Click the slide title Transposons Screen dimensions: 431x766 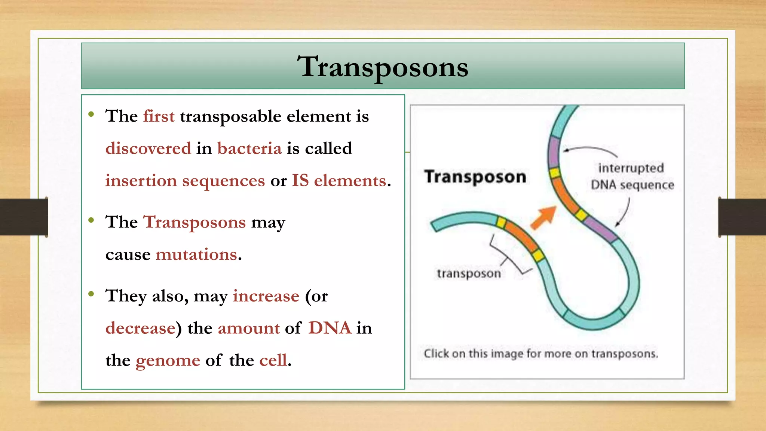pyautogui.click(x=383, y=67)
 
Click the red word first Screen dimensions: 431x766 pyautogui.click(x=159, y=116)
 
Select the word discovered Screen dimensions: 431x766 pyautogui.click(x=148, y=149)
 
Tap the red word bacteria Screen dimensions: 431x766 pyautogui.click(x=249, y=149)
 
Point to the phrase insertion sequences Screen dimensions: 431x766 pyautogui.click(x=185, y=181)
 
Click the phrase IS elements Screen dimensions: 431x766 pyautogui.click(x=339, y=181)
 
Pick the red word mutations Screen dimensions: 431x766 pyautogui.click(x=196, y=255)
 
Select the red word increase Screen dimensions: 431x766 pyautogui.click(x=266, y=296)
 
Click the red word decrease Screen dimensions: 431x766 pyautogui.click(x=140, y=328)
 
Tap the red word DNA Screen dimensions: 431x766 pyautogui.click(x=330, y=328)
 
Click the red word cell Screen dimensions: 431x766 pyautogui.click(x=273, y=360)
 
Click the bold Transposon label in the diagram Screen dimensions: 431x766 pyautogui.click(x=475, y=177)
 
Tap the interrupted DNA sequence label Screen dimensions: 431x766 pyautogui.click(x=632, y=176)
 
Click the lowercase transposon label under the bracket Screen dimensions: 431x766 pyautogui.click(x=469, y=273)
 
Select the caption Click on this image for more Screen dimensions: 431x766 pyautogui.click(x=540, y=354)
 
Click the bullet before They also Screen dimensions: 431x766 pyautogui.click(x=91, y=294)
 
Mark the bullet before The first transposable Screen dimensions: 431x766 pyautogui.click(x=91, y=114)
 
